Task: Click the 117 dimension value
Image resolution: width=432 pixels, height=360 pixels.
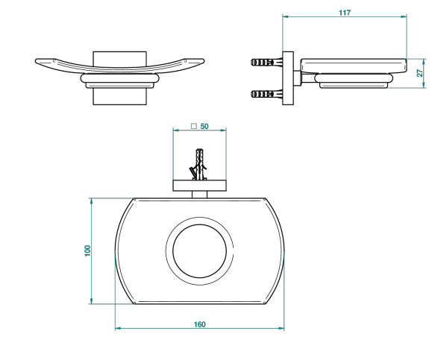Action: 345,13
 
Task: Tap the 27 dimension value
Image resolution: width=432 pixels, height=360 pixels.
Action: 419,73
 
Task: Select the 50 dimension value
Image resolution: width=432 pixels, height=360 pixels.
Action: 204,126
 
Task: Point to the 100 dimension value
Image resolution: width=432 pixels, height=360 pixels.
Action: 87,250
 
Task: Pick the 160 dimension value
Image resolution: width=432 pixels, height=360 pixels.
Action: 199,324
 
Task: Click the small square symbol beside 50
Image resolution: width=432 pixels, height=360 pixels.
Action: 194,126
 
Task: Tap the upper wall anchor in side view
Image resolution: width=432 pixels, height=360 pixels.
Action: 266,62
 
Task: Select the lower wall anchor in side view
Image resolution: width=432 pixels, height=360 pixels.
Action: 266,95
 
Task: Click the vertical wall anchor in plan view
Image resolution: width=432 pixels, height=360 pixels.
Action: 199,165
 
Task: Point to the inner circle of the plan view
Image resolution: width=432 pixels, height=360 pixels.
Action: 200,224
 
